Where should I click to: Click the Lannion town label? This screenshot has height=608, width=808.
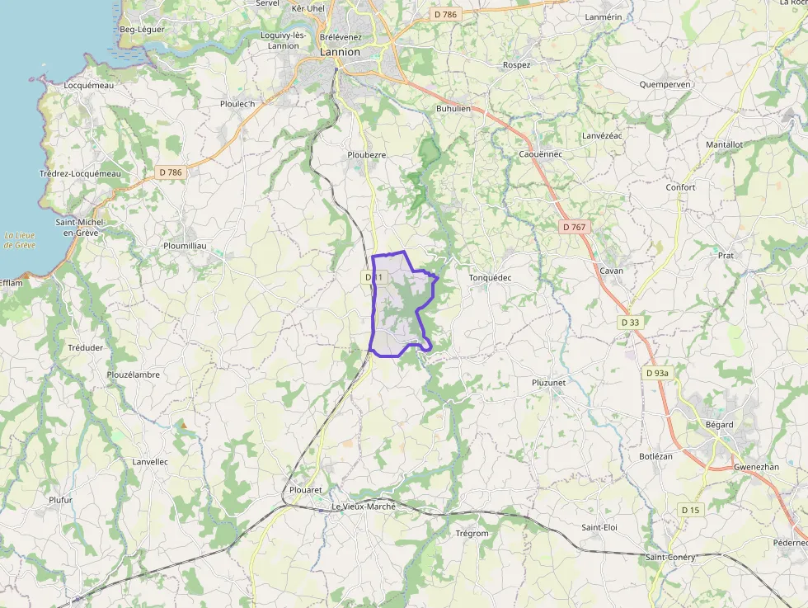pyautogui.click(x=340, y=52)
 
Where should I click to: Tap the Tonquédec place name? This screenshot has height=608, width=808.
pyautogui.click(x=490, y=278)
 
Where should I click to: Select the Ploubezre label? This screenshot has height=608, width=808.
pyautogui.click(x=366, y=155)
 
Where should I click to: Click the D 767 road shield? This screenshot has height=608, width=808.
pyautogui.click(x=575, y=226)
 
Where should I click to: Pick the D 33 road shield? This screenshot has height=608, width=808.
pyautogui.click(x=630, y=322)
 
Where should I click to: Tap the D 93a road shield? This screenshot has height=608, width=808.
pyautogui.click(x=657, y=373)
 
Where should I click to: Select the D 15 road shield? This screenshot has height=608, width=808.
pyautogui.click(x=690, y=510)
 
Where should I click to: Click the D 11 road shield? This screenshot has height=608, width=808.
pyautogui.click(x=374, y=278)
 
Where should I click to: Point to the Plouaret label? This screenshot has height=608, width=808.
pyautogui.click(x=306, y=489)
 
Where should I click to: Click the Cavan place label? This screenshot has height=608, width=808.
pyautogui.click(x=612, y=271)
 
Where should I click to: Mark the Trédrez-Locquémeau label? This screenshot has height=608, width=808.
pyautogui.click(x=80, y=173)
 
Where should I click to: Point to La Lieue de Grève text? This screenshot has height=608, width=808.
pyautogui.click(x=19, y=240)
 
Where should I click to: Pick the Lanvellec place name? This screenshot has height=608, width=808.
pyautogui.click(x=150, y=462)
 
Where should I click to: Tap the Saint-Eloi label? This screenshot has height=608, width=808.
pyautogui.click(x=599, y=527)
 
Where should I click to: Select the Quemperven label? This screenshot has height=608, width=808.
pyautogui.click(x=665, y=84)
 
